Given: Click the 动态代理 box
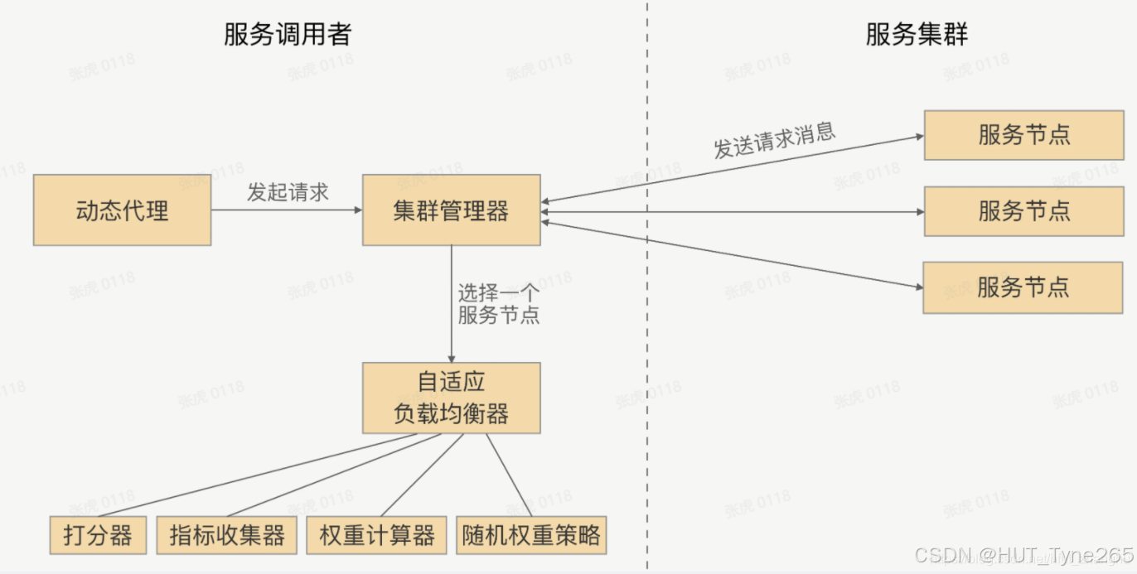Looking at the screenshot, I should point(122,210).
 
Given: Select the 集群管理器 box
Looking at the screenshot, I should point(451,210).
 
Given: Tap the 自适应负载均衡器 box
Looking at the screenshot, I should point(451,398).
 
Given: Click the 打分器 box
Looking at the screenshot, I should point(98,535).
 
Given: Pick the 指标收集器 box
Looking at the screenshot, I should point(227,535).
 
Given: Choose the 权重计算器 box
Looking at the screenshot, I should point(377,535).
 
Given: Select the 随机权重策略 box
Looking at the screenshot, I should point(531,535).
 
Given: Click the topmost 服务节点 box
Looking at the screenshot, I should point(1023,134).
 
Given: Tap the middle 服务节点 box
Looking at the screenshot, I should point(1023,211).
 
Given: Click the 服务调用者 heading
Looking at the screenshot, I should point(288,35).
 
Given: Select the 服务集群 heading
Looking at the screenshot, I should point(917,35).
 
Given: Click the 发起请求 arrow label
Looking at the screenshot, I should point(288,192).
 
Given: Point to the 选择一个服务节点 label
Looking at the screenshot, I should point(498,304).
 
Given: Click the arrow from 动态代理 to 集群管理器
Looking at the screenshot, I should point(286,210).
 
